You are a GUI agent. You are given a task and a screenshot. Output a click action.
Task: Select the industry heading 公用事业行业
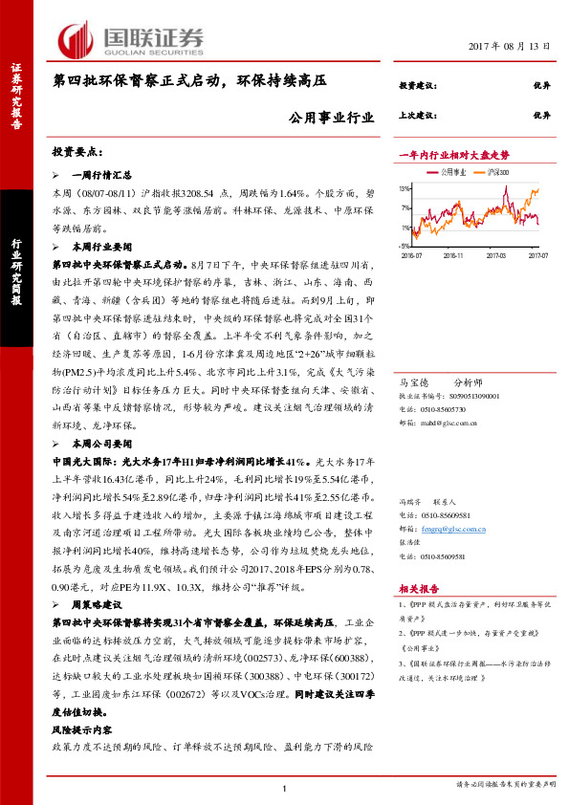coord(329,118)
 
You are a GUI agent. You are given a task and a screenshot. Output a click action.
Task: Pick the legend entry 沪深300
coord(498,172)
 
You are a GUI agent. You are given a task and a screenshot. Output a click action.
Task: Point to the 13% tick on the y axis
coord(405,188)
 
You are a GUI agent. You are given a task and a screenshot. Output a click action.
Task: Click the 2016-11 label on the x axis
coord(453,255)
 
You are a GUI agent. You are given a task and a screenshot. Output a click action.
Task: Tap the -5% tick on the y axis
coord(405,246)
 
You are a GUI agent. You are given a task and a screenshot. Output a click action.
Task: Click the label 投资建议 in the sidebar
coord(418,85)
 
